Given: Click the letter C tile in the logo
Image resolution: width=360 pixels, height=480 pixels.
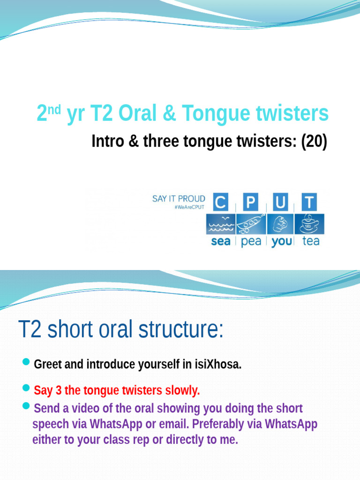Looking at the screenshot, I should (x=221, y=202).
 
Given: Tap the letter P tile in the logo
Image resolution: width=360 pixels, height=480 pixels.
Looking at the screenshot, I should (x=251, y=202).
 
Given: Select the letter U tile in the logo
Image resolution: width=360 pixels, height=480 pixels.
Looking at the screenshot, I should (x=280, y=202).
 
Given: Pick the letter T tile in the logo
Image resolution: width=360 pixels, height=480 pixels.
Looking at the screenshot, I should (x=308, y=202).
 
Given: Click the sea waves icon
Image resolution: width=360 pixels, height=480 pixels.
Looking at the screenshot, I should (x=221, y=225).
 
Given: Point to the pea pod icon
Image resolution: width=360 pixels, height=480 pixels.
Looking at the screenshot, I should (x=251, y=224).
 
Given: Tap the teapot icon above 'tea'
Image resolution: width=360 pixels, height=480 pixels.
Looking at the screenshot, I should (x=308, y=224).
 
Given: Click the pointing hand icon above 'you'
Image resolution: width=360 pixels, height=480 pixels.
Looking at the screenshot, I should (x=280, y=224).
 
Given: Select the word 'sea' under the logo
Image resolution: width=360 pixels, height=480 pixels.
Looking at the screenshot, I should (x=221, y=242).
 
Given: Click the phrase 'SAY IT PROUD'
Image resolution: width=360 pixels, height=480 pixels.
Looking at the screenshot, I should (x=179, y=199).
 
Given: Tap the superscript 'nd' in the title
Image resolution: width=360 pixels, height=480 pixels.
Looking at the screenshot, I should (x=55, y=109).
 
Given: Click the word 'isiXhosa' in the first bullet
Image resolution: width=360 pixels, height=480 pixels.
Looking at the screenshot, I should (x=218, y=365).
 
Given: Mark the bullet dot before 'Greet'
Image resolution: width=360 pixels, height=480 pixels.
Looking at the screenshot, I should (x=26, y=362).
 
